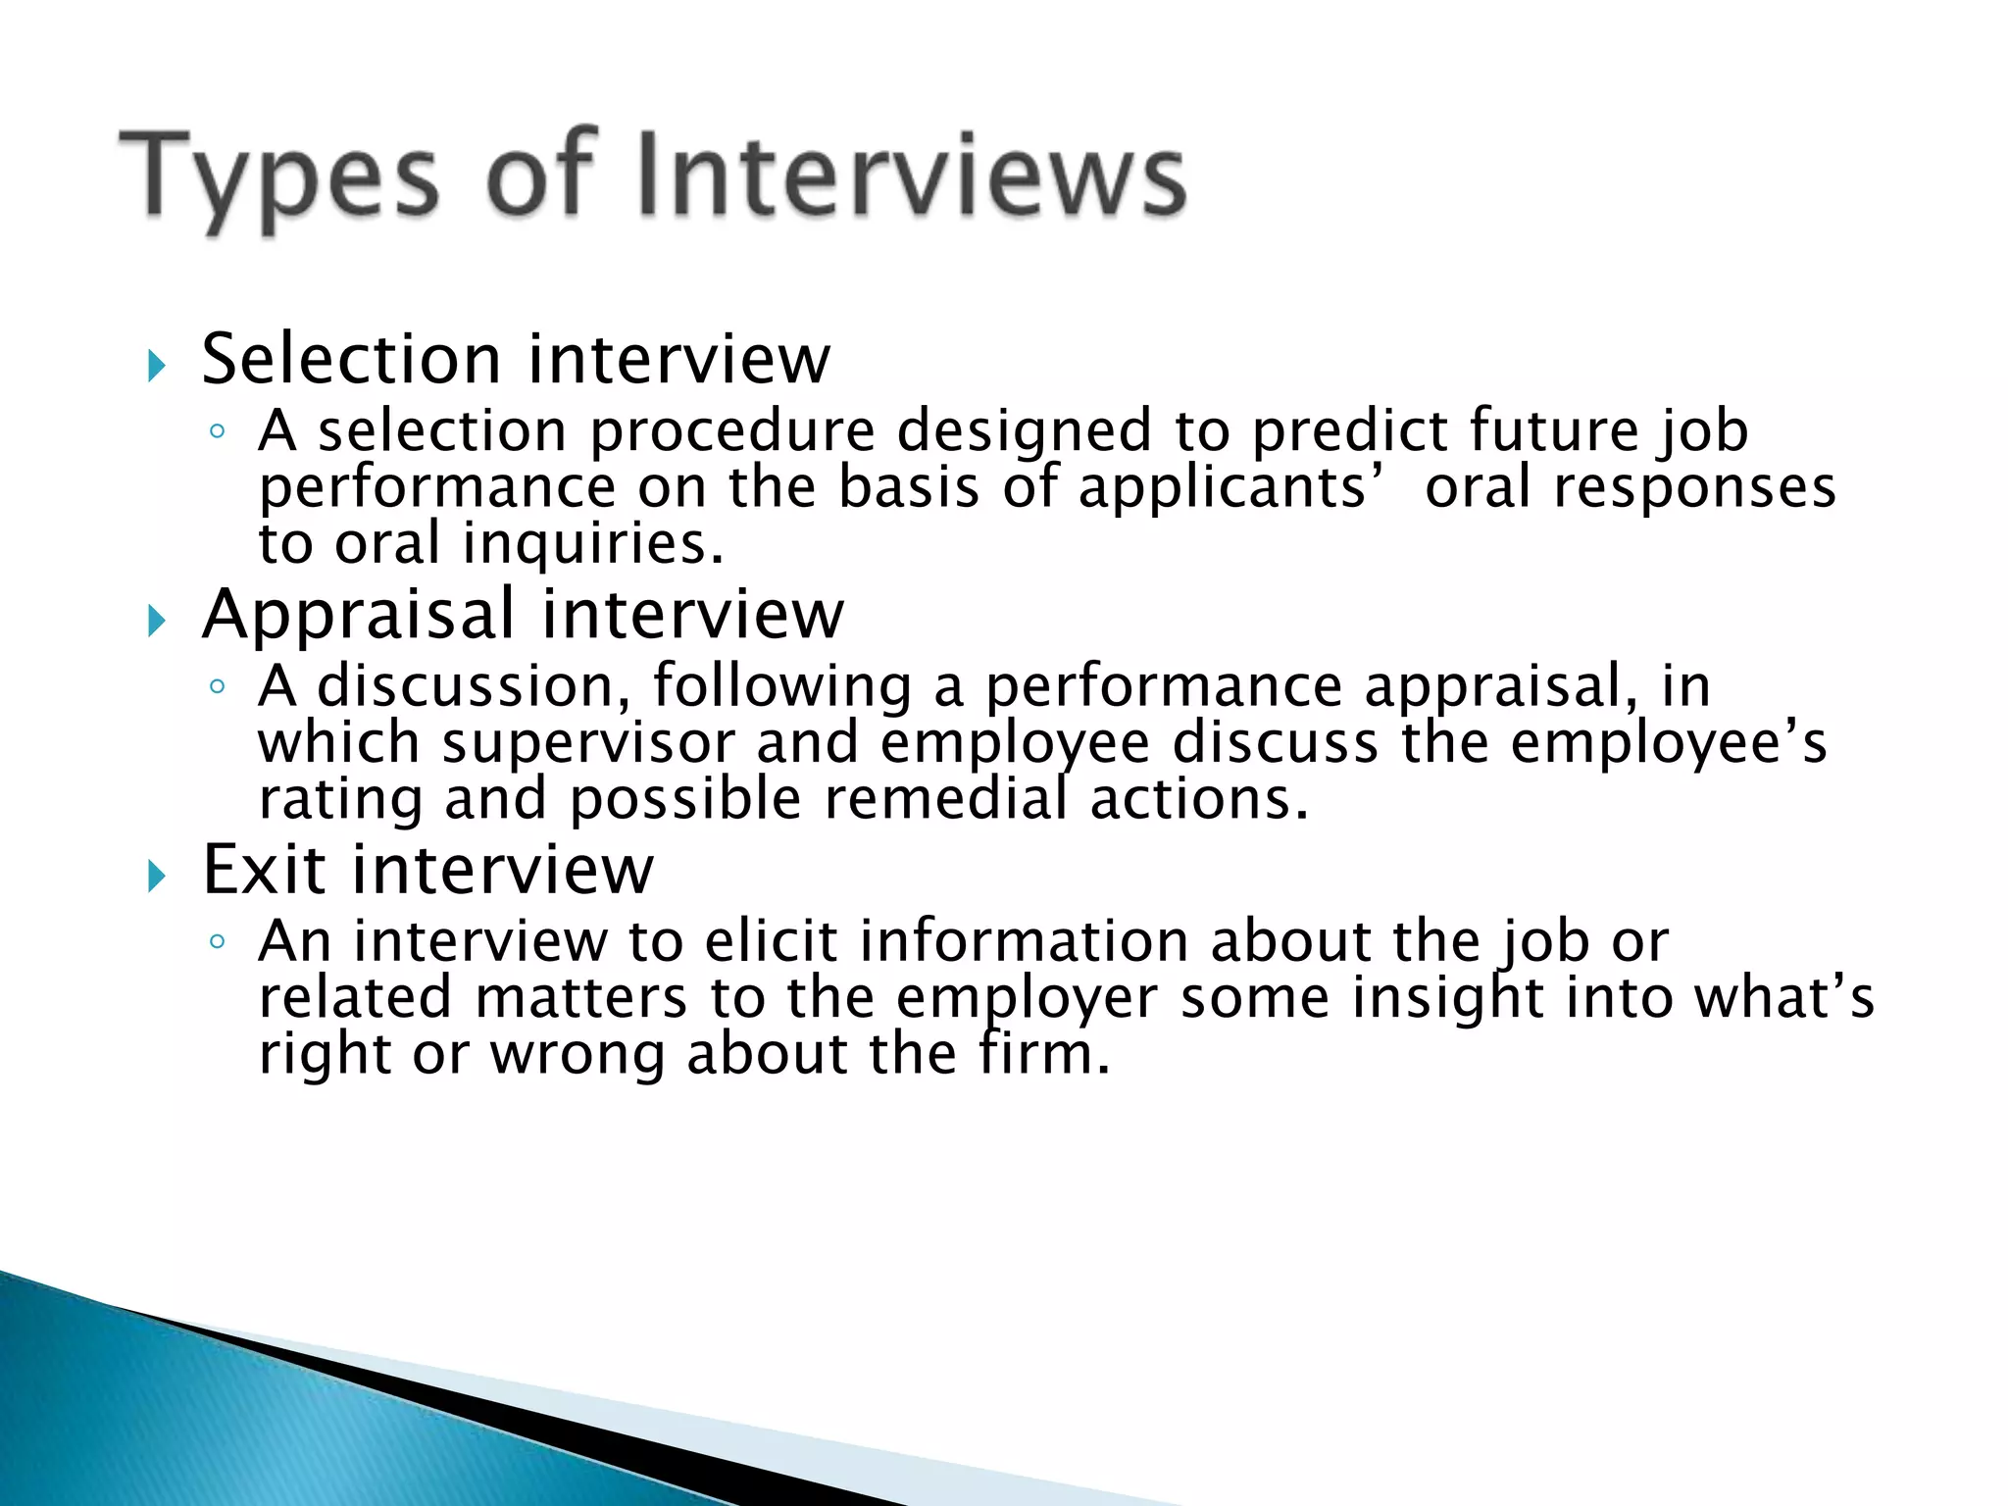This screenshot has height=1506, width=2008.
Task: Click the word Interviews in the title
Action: pyautogui.click(x=912, y=176)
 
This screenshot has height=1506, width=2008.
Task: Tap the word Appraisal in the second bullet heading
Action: pyautogui.click(x=358, y=615)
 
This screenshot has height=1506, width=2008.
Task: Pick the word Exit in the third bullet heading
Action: pyautogui.click(x=264, y=870)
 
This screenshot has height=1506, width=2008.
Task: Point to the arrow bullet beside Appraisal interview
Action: pyautogui.click(x=157, y=621)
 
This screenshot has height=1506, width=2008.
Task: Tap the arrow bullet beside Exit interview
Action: pyautogui.click(x=157, y=876)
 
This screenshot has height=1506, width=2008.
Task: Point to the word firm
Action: pyautogui.click(x=1043, y=1055)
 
